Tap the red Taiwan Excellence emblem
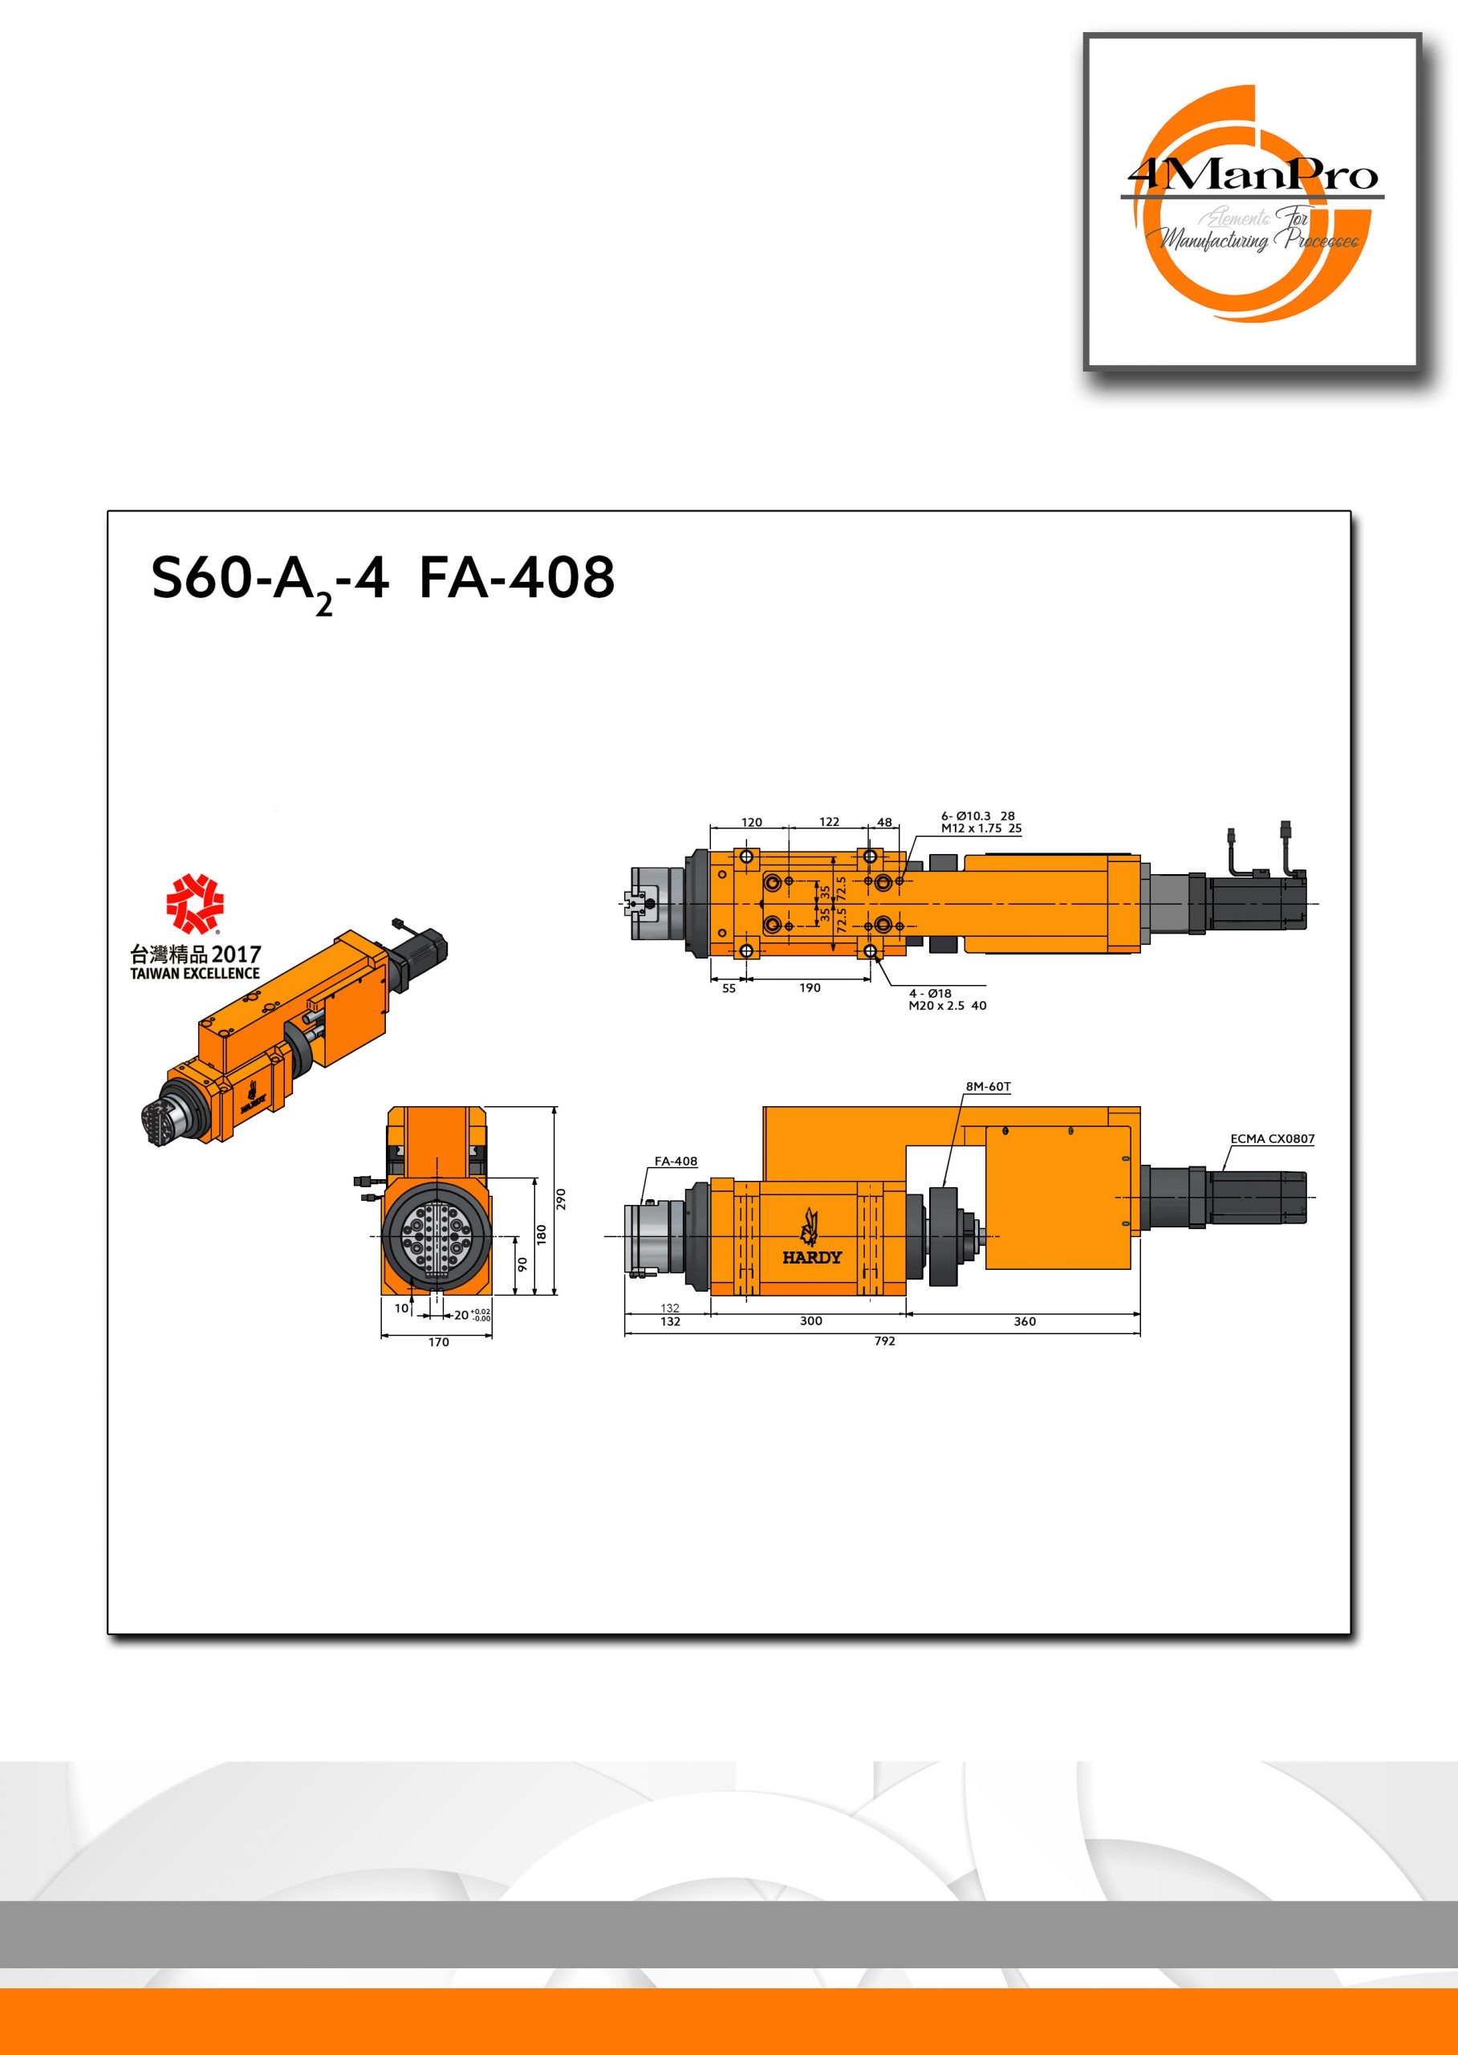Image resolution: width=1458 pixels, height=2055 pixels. (x=195, y=905)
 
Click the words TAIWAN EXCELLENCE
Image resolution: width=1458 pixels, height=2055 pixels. (x=195, y=974)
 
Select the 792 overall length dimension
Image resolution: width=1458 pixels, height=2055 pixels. (x=884, y=1341)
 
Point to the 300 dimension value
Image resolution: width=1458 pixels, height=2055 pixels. (x=810, y=1321)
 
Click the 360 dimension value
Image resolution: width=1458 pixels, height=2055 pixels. (x=1025, y=1321)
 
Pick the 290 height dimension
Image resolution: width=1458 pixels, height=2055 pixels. (x=562, y=1198)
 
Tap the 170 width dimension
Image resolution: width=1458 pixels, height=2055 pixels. (x=438, y=1342)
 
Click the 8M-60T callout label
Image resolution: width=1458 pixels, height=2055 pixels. (x=989, y=1086)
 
